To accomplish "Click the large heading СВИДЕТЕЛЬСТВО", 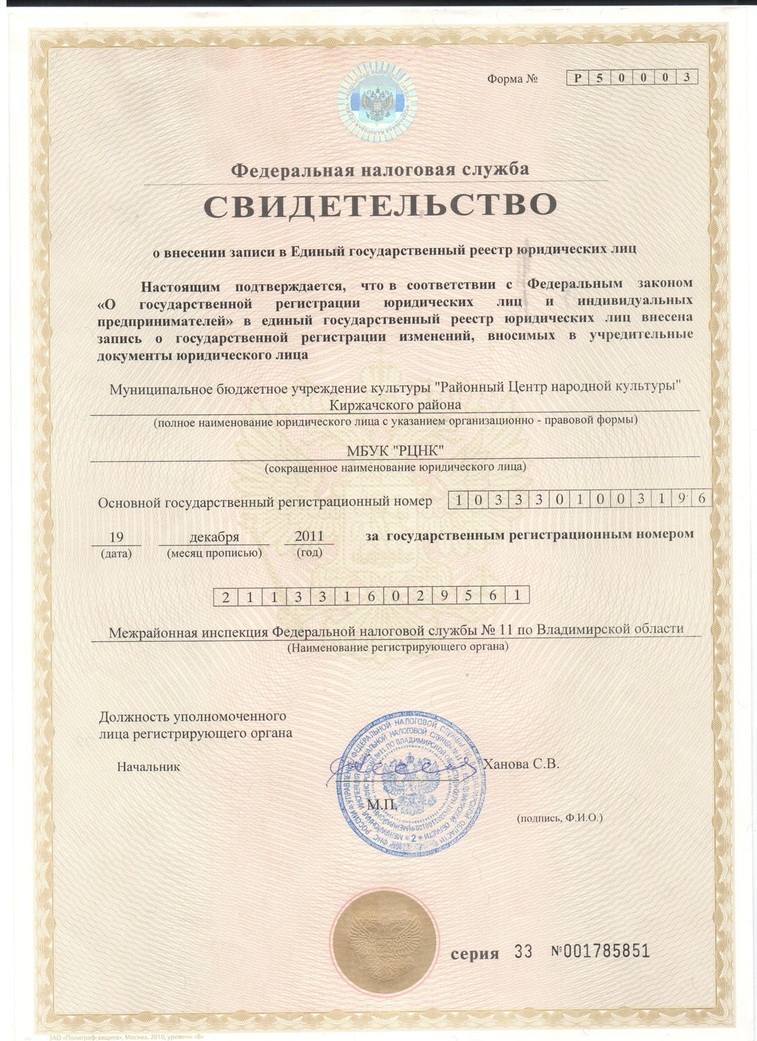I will tap(380, 205).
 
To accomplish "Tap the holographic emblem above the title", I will tap(377, 101).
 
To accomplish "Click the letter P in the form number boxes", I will tap(577, 78).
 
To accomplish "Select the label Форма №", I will tap(512, 79).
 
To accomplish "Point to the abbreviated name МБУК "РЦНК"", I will tap(395, 451).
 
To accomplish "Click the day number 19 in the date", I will tap(117, 537).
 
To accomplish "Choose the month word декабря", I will tap(214, 537).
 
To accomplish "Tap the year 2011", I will tap(309, 536).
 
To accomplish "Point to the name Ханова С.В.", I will tap(521, 764).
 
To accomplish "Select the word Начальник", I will tap(148, 767).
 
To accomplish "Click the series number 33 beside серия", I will tap(523, 951).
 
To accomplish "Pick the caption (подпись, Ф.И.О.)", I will tap(559, 818).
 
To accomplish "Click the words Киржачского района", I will tap(395, 405).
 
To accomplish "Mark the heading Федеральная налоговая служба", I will tap(380, 169).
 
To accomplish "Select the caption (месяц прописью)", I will tap(214, 553).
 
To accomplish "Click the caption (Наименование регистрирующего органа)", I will tap(398, 647).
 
